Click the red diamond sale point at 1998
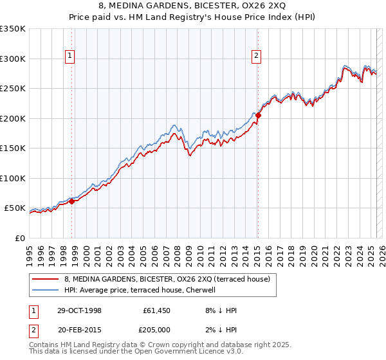click(72, 201)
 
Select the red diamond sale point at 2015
click(258, 116)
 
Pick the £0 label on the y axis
click(19, 238)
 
